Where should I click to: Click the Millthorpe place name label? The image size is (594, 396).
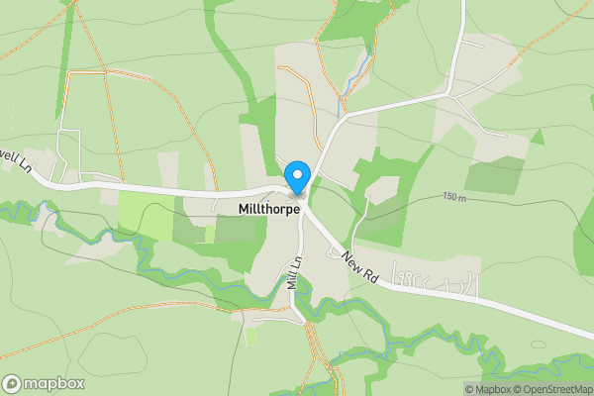pyautogui.click(x=268, y=210)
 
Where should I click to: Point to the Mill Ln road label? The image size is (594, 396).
pyautogui.click(x=293, y=273)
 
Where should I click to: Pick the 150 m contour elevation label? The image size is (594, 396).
pyautogui.click(x=453, y=197)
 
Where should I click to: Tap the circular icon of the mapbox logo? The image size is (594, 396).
pyautogui.click(x=13, y=383)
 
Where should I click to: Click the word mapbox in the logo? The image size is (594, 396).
pyautogui.click(x=54, y=383)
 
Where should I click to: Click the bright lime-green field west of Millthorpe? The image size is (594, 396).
pyautogui.click(x=144, y=213)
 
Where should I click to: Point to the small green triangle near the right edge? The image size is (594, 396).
pyautogui.click(x=538, y=137)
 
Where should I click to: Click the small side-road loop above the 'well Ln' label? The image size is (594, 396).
pyautogui.click(x=67, y=148)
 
